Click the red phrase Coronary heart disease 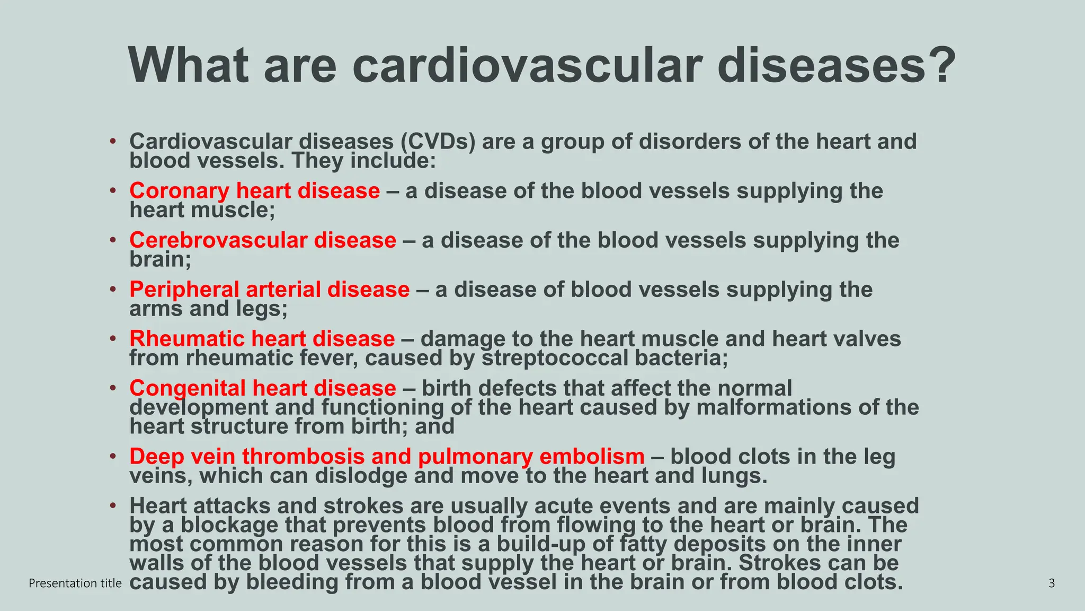point(254,191)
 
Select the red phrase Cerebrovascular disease point(262,240)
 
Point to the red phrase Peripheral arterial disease point(269,290)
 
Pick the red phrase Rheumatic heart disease point(262,339)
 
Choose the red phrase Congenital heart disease point(262,388)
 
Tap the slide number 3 point(1052,583)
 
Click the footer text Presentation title point(75,583)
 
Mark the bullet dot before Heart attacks point(112,506)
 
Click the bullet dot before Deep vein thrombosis point(112,457)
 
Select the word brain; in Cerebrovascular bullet point(160,260)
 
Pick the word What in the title point(188,66)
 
